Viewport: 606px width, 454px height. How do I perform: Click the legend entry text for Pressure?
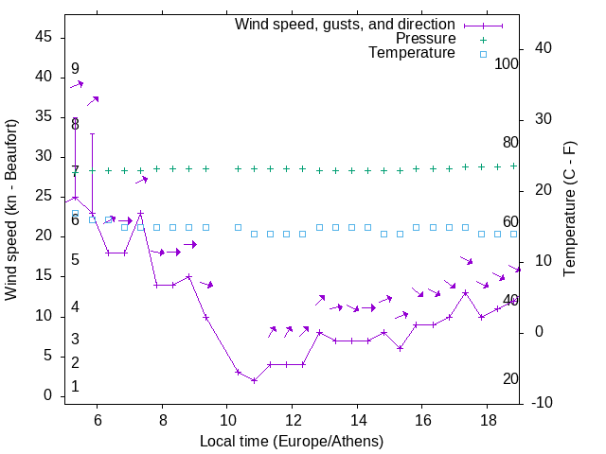click(425, 39)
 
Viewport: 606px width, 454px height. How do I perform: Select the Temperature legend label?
click(412, 54)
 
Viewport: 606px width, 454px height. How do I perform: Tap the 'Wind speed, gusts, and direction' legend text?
click(346, 24)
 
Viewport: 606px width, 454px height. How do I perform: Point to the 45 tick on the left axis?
click(44, 36)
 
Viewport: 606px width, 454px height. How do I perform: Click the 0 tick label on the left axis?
click(48, 395)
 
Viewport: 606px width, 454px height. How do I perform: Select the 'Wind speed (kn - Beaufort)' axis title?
click(11, 210)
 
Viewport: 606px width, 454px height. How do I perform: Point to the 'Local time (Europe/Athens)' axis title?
click(292, 441)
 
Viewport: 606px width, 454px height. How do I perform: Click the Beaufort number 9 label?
click(75, 69)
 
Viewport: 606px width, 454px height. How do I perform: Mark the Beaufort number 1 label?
click(75, 387)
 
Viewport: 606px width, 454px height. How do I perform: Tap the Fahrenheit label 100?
click(507, 63)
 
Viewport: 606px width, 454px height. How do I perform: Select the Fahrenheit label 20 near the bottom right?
click(510, 379)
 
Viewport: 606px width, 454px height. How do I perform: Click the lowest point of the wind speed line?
click(254, 380)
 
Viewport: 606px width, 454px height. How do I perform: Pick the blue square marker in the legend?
click(483, 54)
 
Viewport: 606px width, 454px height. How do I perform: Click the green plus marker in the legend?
click(483, 39)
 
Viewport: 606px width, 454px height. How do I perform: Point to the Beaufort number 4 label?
click(75, 306)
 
